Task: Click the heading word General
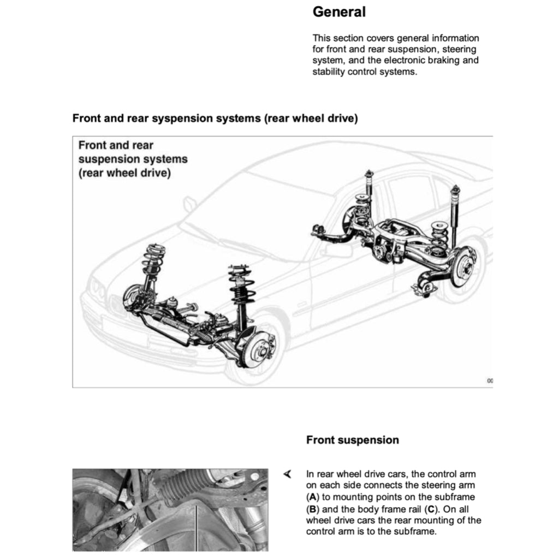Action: click(x=339, y=12)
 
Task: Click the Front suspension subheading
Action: click(x=352, y=440)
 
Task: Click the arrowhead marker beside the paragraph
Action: click(x=288, y=474)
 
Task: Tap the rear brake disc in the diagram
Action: click(x=463, y=266)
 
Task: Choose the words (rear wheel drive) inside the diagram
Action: click(x=124, y=174)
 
